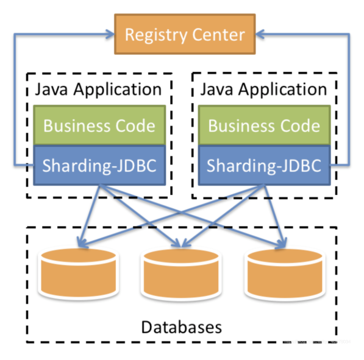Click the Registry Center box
[184, 34]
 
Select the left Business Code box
[99, 125]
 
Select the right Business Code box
[264, 125]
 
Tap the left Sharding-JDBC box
[99, 164]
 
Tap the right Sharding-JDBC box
[264, 164]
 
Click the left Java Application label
[98, 89]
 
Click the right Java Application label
[263, 89]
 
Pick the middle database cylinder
[180, 274]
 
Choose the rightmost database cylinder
[285, 274]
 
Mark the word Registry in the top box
[155, 34]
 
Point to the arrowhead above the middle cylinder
[180, 244]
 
